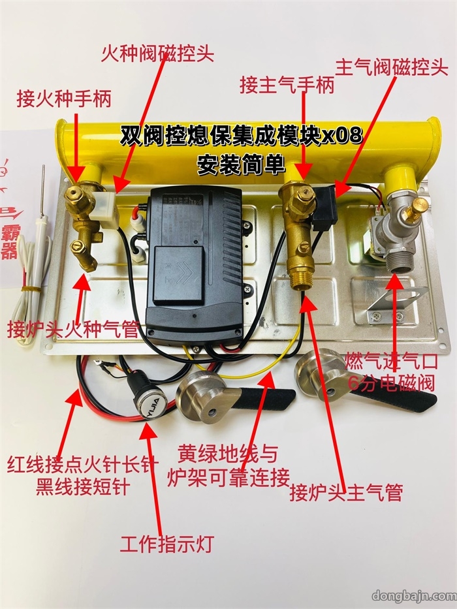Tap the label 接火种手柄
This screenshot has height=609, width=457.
click(x=64, y=99)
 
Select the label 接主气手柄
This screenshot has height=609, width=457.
click(x=287, y=85)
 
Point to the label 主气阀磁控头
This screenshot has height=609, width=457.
click(x=391, y=67)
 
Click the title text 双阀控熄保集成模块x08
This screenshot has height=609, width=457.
click(x=241, y=136)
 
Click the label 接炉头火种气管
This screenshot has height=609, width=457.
click(x=73, y=328)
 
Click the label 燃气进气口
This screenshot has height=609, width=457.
click(x=392, y=360)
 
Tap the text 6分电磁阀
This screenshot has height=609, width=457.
click(x=392, y=383)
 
